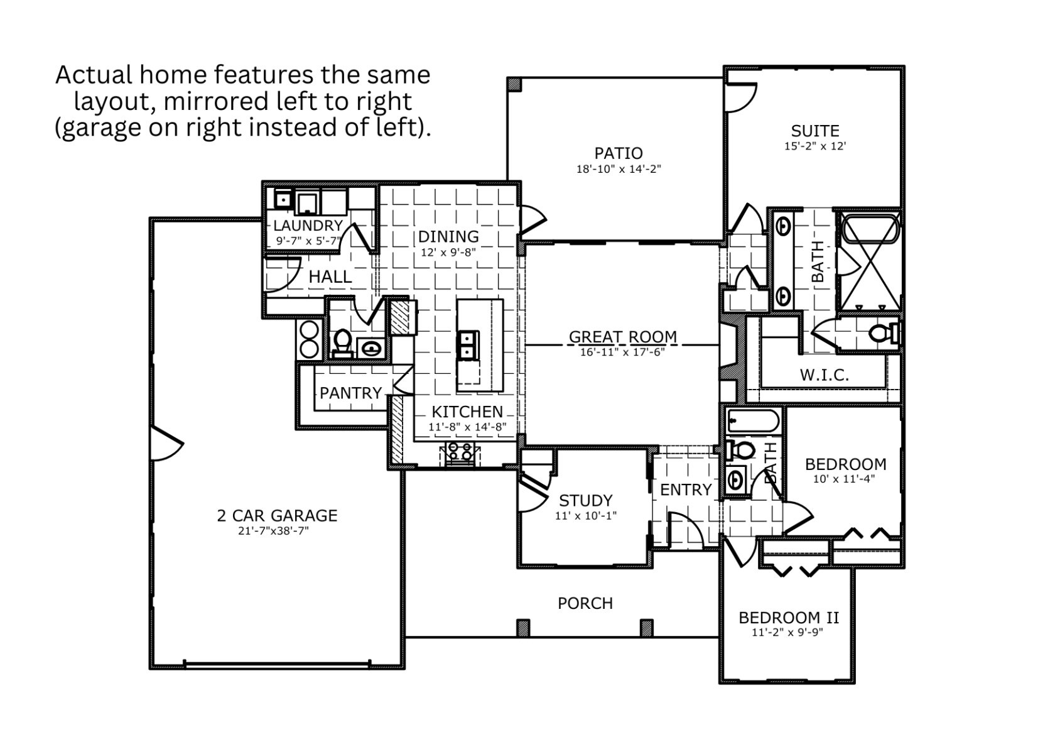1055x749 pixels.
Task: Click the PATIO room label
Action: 618,153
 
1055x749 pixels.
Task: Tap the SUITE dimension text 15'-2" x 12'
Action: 814,146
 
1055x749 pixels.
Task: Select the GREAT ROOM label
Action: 622,337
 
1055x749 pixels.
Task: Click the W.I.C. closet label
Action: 824,376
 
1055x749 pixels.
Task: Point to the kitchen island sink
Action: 468,344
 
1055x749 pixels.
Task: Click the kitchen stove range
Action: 461,452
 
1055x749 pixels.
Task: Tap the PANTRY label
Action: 350,393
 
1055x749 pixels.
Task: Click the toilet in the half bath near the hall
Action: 342,343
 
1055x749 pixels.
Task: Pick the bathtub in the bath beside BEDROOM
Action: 752,420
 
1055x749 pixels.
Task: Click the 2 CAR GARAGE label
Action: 277,516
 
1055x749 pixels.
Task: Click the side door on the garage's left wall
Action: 165,444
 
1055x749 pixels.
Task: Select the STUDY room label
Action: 585,501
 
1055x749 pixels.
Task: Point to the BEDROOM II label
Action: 788,618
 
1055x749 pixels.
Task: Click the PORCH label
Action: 585,603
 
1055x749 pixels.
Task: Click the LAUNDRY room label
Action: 308,226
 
